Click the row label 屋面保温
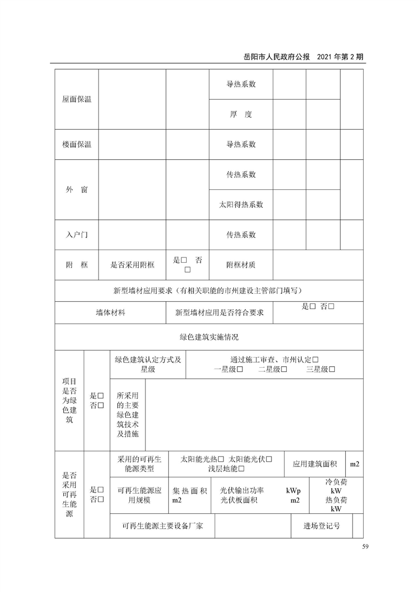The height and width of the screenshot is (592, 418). (x=76, y=99)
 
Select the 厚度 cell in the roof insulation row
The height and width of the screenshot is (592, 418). (x=241, y=114)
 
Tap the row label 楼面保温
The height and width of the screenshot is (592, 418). (x=76, y=145)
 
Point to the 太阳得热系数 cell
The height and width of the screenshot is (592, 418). (x=241, y=205)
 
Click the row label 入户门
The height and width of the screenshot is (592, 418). (x=76, y=235)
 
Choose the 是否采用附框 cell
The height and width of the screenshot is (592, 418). (x=132, y=265)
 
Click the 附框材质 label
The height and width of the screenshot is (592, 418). (x=241, y=265)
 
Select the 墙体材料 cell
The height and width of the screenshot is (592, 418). (x=110, y=313)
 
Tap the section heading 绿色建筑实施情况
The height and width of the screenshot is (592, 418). (x=209, y=337)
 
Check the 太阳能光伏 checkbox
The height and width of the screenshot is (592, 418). (x=269, y=459)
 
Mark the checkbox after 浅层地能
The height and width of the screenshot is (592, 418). (x=242, y=469)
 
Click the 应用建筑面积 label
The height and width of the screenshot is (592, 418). (x=315, y=464)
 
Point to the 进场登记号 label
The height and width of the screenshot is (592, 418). (x=322, y=526)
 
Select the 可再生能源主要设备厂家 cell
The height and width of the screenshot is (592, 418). (x=162, y=526)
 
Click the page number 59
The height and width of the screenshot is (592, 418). (x=358, y=546)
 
